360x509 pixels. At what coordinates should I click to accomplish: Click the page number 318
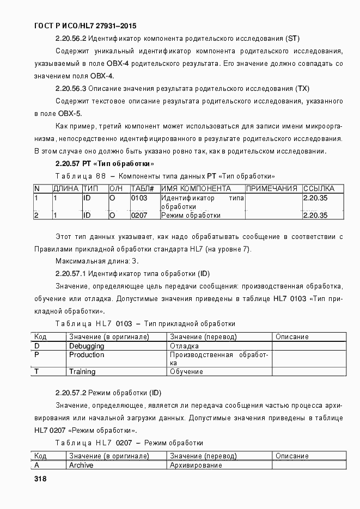40,480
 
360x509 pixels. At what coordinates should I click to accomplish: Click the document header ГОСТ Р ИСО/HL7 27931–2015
85,26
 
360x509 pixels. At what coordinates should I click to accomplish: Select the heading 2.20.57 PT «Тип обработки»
105,163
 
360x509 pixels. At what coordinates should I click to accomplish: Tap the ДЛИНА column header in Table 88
65,189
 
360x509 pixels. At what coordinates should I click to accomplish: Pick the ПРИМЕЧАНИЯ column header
272,189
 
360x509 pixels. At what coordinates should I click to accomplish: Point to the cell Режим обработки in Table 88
191,215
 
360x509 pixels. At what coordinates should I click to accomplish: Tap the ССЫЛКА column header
319,189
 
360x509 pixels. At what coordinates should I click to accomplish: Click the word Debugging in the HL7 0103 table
87,346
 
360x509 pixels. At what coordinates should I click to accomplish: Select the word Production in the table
87,355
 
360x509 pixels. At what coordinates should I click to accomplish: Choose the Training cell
82,372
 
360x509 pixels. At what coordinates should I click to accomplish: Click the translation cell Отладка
184,346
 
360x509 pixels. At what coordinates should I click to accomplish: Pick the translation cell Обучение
186,372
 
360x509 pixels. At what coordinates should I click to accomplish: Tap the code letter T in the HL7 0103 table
36,372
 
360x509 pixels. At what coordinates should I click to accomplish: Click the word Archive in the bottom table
81,465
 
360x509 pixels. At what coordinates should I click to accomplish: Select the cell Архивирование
196,465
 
